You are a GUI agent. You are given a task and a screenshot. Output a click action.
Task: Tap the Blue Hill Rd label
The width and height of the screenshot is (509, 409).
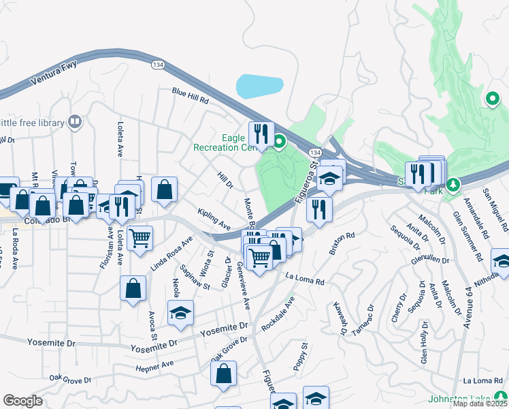[x=190, y=96]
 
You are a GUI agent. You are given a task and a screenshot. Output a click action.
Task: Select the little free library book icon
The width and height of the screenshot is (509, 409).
[x=75, y=122]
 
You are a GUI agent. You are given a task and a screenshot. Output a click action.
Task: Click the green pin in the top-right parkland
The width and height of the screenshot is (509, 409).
[x=492, y=99]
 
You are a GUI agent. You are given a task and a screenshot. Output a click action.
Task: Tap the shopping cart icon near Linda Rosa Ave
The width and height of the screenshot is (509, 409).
[x=139, y=239]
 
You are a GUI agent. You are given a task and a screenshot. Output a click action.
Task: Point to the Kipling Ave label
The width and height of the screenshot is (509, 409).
[x=213, y=219]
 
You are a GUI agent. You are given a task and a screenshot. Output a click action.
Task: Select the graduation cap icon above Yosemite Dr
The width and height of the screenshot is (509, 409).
[x=180, y=313]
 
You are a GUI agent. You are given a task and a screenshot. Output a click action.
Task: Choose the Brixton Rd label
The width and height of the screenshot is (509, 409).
[x=342, y=244]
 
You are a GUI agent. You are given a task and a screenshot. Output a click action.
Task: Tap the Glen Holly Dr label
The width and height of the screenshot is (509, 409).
[x=423, y=348]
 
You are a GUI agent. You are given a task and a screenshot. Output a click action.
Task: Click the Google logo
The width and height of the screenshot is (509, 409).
[x=22, y=401]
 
